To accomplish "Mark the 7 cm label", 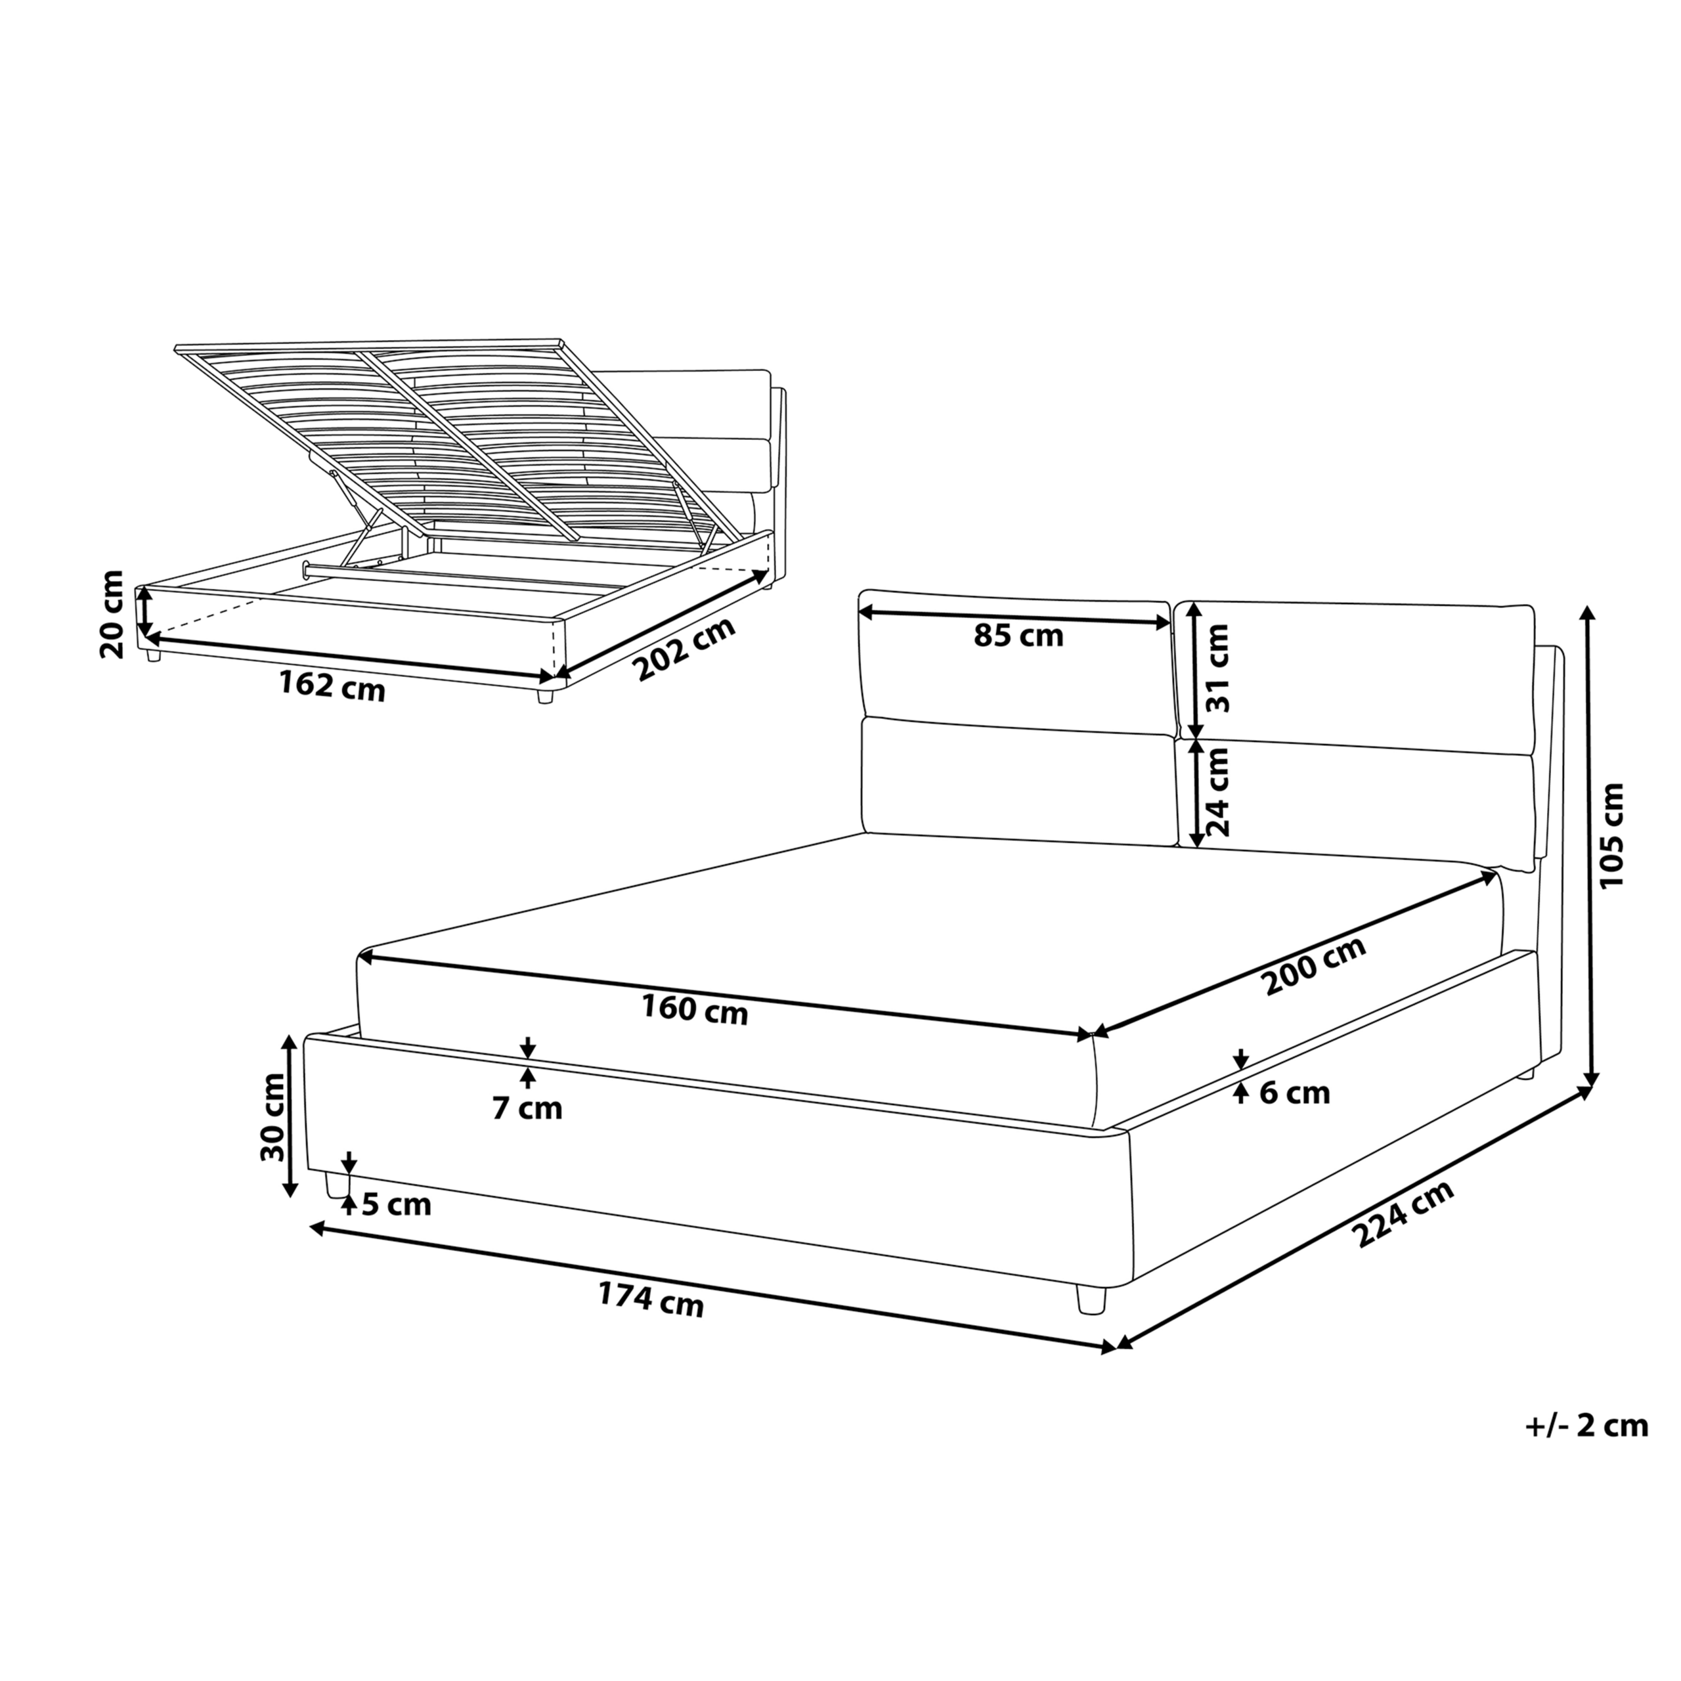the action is pyautogui.click(x=527, y=1108).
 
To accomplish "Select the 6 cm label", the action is pyautogui.click(x=1295, y=1093).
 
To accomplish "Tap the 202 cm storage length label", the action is pyautogui.click(x=684, y=648).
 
